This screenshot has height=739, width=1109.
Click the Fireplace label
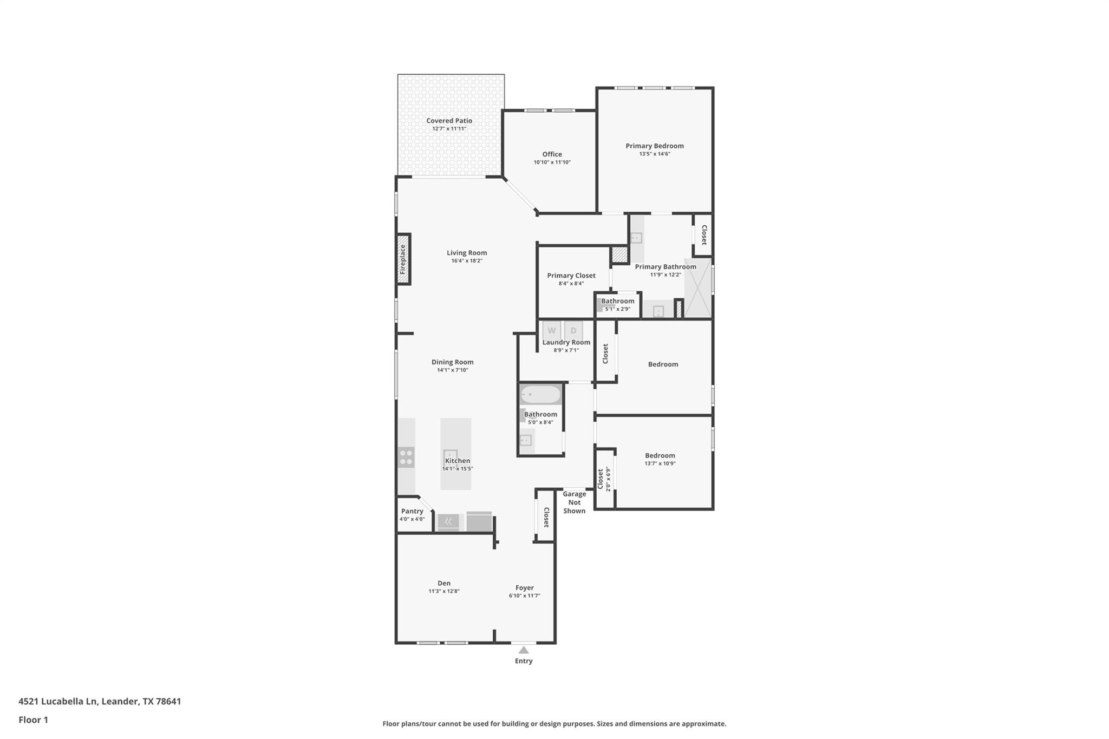pos(403,259)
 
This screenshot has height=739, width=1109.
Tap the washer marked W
pos(551,330)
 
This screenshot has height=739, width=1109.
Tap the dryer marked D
pos(573,330)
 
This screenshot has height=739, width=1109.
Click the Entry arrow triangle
pos(524,650)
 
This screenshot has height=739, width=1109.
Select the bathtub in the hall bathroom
pos(540,394)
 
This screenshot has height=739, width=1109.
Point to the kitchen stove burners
pos(406,457)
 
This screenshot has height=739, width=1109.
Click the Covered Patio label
pos(449,121)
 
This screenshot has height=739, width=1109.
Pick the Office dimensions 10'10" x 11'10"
pos(552,162)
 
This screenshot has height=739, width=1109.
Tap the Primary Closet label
pos(571,276)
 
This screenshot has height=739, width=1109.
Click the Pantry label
pos(412,511)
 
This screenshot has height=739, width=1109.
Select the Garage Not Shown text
pos(574,502)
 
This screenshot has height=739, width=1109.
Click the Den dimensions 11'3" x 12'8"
pos(444,591)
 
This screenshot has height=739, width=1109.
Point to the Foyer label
pos(524,587)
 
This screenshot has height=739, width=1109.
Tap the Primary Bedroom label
pos(654,146)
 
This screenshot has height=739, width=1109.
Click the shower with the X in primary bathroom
pos(697,288)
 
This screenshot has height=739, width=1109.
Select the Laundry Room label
pos(566,342)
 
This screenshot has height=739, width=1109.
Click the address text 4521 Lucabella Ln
pos(57,701)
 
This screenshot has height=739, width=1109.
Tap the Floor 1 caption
pos(34,720)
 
